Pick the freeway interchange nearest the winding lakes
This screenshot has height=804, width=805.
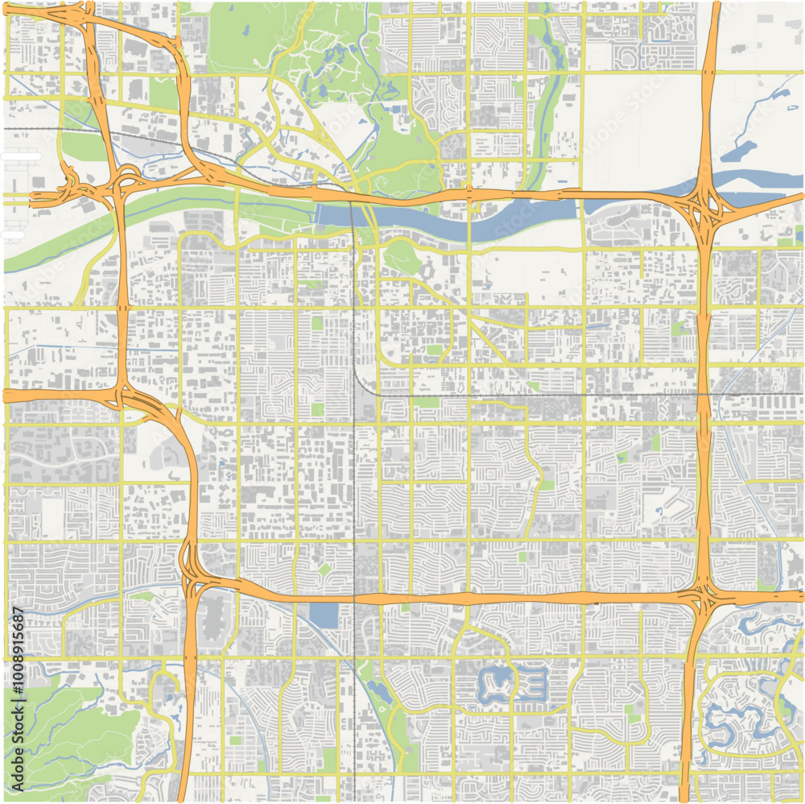coord(703,598)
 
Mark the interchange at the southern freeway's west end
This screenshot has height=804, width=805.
coord(191,567)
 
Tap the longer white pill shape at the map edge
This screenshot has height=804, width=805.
coord(20,155)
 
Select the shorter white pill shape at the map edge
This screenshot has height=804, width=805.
coord(11,234)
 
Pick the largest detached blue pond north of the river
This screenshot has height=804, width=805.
coord(740,152)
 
